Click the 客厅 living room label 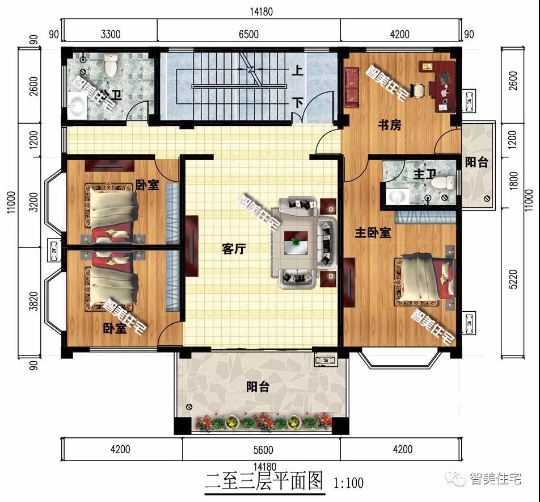(x=234, y=249)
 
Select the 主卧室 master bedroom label (x=373, y=232)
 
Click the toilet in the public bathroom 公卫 (x=111, y=66)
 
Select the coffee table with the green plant (x=296, y=243)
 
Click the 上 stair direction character (x=297, y=72)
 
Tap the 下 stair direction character (x=297, y=103)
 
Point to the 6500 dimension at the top (x=248, y=34)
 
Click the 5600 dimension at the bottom (x=261, y=450)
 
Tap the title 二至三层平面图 (x=264, y=482)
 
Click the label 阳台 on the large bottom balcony (x=258, y=387)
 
